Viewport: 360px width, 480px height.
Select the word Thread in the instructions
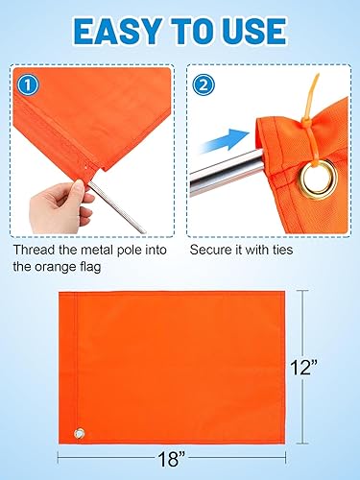point(36,250)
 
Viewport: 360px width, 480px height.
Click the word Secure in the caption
point(213,250)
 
